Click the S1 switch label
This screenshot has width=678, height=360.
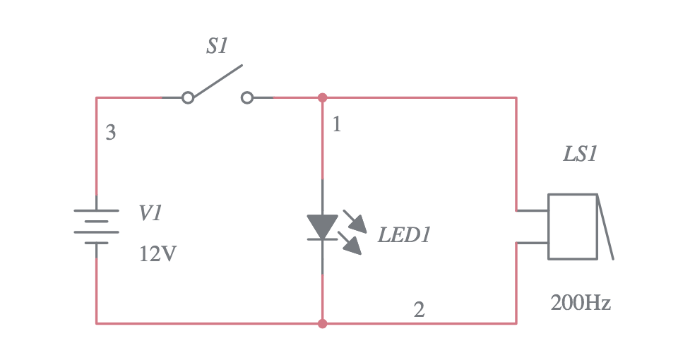217,47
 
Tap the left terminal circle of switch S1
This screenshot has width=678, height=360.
187,97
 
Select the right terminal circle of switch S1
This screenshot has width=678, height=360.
246,97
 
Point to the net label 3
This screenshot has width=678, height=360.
111,133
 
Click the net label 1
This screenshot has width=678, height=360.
337,125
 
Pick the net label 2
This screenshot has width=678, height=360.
419,310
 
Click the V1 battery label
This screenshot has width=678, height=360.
150,214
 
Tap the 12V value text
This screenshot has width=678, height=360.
157,253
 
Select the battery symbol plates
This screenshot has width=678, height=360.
97,226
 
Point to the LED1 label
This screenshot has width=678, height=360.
403,236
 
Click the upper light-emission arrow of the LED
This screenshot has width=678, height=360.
355,221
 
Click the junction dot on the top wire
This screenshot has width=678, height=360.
323,97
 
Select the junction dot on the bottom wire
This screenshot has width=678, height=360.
323,323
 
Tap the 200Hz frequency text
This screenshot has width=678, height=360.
580,304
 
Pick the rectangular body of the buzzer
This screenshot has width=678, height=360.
573,226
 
